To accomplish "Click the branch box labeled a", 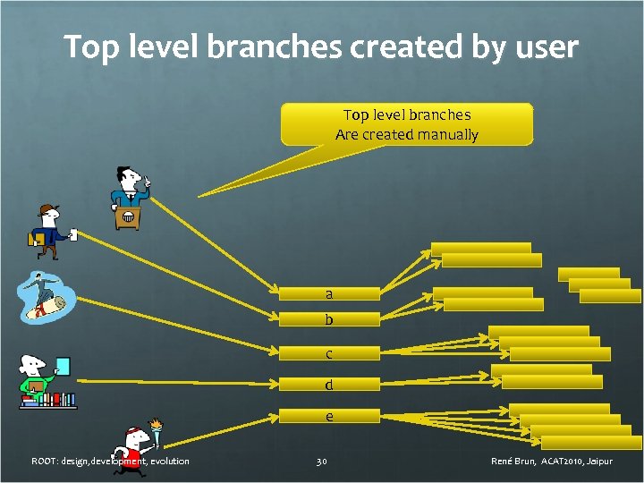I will tap(329, 293).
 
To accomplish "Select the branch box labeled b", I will tap(329, 319).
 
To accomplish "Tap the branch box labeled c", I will tap(329, 353).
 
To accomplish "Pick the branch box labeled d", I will tap(329, 386).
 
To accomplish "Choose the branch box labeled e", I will tap(329, 416).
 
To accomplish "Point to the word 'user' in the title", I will tap(547, 47).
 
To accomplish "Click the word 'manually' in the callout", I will tap(445, 135).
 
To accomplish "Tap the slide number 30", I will tap(322, 462).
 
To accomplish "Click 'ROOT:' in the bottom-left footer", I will tap(44, 462).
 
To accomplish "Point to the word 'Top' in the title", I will tap(88, 47).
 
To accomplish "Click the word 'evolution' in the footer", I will tap(169, 462).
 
